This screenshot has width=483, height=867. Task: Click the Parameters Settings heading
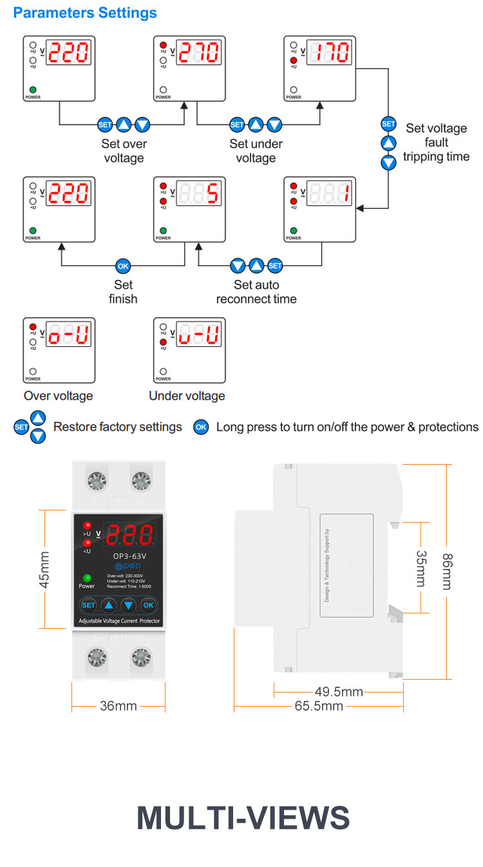(x=85, y=13)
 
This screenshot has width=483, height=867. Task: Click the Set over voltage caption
(x=124, y=151)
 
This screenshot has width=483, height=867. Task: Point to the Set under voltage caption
(x=256, y=151)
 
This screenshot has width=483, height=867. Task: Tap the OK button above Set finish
(x=123, y=265)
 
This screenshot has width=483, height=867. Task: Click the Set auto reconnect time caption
(x=256, y=292)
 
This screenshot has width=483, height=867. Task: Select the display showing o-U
(x=70, y=335)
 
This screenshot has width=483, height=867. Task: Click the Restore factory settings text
(x=118, y=427)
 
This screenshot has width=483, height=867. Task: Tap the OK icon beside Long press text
(x=202, y=427)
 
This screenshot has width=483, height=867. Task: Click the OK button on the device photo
(x=149, y=605)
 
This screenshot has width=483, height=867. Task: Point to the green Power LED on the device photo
(x=87, y=577)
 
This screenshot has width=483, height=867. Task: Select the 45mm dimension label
(x=44, y=569)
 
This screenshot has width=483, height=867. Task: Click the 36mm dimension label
(x=118, y=706)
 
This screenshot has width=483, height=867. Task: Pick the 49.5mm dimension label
(x=339, y=692)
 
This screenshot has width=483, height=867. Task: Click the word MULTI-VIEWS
(x=243, y=817)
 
